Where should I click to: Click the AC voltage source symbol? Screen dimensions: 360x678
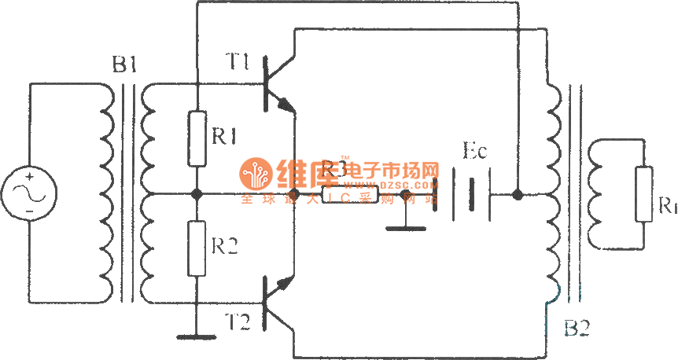[x=29, y=193]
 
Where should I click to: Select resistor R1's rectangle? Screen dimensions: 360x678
[x=197, y=138]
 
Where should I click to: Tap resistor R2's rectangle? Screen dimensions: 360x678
[x=197, y=248]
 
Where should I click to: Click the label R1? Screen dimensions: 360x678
[x=227, y=136]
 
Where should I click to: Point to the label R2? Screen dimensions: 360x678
[x=227, y=247]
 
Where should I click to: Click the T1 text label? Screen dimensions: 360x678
[x=238, y=61]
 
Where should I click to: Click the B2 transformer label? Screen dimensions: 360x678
[x=578, y=327]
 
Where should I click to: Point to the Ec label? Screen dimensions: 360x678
[x=475, y=152]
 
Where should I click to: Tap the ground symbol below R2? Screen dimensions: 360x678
[x=197, y=336]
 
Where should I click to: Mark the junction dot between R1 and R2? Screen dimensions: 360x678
[x=197, y=193]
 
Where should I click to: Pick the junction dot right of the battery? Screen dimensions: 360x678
[x=517, y=193]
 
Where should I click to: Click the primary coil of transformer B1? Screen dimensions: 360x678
[x=105, y=193]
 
